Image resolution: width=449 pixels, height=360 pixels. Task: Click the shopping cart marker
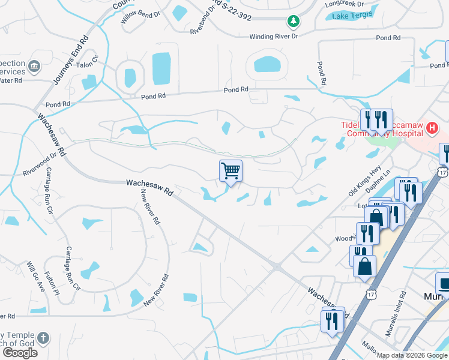(231, 171)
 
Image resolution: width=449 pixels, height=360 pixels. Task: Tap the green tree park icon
(293, 22)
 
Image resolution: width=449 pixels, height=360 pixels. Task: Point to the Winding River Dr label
(274, 37)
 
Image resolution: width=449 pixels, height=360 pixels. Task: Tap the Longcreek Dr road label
(345, 4)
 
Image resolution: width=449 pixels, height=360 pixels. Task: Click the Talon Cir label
(87, 65)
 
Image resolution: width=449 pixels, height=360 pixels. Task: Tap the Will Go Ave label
(35, 276)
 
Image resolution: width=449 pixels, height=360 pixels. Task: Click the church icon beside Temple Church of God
(43, 337)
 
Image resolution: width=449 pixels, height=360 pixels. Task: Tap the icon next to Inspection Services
(33, 65)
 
